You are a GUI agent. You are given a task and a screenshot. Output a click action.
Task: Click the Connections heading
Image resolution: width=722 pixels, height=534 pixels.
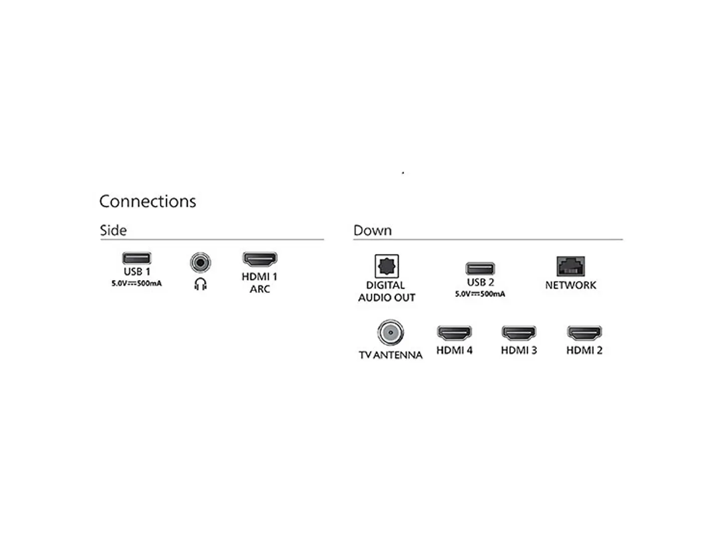[x=147, y=201]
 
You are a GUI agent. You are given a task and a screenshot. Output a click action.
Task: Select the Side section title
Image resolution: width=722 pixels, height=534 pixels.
[x=113, y=230]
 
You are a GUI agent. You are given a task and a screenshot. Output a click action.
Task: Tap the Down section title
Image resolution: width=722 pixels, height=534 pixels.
[x=373, y=230]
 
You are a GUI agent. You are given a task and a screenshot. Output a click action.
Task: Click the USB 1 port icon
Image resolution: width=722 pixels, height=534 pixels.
[x=136, y=258]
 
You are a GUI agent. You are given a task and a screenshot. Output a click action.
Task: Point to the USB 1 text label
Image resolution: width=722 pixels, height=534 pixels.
[x=136, y=272]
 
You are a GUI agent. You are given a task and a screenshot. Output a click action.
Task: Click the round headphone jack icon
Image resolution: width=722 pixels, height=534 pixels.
[x=200, y=262]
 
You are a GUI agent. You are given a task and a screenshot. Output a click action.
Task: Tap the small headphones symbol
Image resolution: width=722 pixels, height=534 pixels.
[x=200, y=285]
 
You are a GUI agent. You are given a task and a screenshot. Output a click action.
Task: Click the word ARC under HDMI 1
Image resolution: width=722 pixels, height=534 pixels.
[x=260, y=289]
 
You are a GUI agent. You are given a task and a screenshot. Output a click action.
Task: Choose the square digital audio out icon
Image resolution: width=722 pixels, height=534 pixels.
[x=387, y=266]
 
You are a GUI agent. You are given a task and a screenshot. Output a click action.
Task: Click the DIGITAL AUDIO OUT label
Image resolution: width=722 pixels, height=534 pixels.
[x=387, y=291]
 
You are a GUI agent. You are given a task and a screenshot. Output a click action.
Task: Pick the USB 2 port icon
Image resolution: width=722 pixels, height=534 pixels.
[x=480, y=269]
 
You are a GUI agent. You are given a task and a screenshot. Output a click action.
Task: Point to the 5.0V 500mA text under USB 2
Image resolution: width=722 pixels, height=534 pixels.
[x=480, y=294]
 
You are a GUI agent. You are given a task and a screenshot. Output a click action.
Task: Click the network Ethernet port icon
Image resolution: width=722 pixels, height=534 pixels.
[x=571, y=266]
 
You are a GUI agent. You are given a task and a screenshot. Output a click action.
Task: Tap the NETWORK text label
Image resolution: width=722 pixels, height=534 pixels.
[x=571, y=285]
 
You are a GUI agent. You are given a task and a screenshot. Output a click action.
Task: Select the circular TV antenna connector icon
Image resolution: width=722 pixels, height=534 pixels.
[x=390, y=333]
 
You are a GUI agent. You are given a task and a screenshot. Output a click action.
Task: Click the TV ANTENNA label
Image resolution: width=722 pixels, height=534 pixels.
[x=391, y=355]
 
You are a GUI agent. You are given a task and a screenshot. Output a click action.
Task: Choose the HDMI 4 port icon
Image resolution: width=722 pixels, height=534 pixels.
[x=454, y=333]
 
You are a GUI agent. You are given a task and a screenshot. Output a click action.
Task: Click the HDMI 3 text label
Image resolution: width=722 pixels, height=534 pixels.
[x=519, y=350]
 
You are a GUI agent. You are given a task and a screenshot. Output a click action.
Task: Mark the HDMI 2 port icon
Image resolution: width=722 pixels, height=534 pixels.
[x=584, y=333]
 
